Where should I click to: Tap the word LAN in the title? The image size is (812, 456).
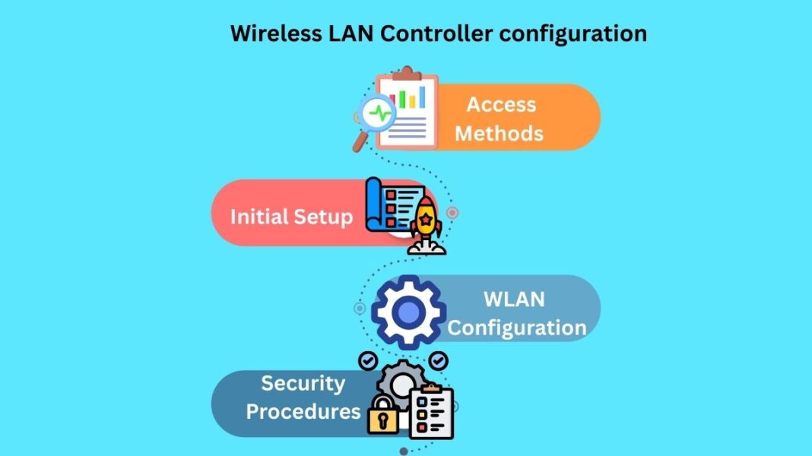[351, 34]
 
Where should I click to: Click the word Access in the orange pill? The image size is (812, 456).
[501, 105]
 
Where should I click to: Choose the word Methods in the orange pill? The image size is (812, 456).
[499, 134]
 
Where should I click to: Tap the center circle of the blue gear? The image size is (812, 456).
[409, 312]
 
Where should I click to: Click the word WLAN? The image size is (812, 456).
[514, 299]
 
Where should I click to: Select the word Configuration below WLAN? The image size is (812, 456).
[517, 328]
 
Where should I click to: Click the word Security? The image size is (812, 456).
[303, 383]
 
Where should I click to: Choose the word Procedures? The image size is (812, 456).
[303, 412]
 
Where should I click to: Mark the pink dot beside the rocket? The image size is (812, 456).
[452, 213]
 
